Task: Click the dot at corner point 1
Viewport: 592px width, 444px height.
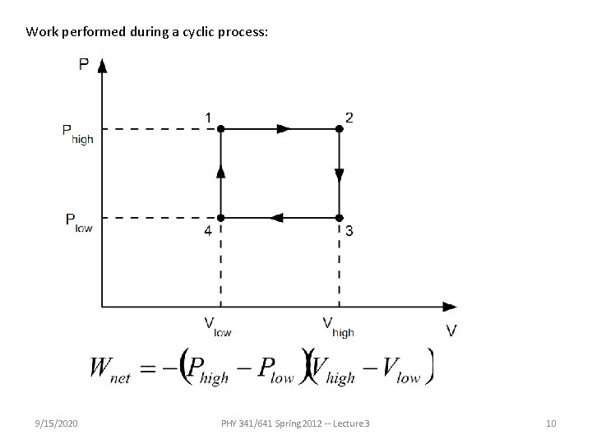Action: coord(220,129)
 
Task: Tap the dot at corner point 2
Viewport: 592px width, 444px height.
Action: coord(339,129)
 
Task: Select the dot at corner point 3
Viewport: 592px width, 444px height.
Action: coord(339,218)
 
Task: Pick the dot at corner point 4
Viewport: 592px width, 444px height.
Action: coord(220,218)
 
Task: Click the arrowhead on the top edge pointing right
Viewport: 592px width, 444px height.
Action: coord(284,129)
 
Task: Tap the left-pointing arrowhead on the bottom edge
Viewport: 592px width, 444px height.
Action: coord(277,218)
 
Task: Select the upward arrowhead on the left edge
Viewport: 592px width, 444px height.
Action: coord(220,170)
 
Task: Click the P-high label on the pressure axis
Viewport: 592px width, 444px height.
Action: coord(77,133)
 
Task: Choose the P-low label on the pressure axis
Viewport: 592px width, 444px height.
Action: coord(78,222)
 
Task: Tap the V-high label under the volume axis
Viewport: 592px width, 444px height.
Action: coord(338,327)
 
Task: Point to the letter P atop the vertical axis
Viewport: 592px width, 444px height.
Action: coord(84,64)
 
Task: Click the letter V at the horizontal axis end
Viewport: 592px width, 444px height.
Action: coord(451,331)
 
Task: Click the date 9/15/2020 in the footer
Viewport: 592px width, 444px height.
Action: coord(58,423)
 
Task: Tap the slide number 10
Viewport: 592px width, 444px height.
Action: coord(551,423)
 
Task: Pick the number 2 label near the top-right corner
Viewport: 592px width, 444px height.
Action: coord(350,118)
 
